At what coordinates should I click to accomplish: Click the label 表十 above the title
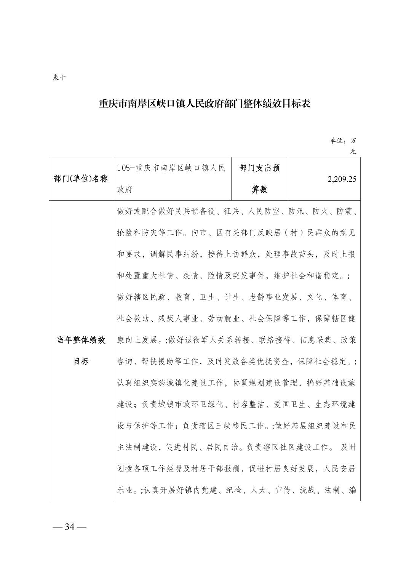pyautogui.click(x=59, y=78)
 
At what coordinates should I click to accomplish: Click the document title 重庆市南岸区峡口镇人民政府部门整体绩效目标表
pyautogui.click(x=204, y=104)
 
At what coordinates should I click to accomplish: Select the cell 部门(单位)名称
pyautogui.click(x=81, y=179)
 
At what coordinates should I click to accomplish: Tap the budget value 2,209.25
pyautogui.click(x=342, y=179)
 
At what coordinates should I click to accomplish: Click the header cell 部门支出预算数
pyautogui.click(x=260, y=178)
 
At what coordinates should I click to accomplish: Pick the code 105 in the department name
pyautogui.click(x=124, y=168)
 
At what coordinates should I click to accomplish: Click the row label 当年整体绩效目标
pyautogui.click(x=81, y=350)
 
